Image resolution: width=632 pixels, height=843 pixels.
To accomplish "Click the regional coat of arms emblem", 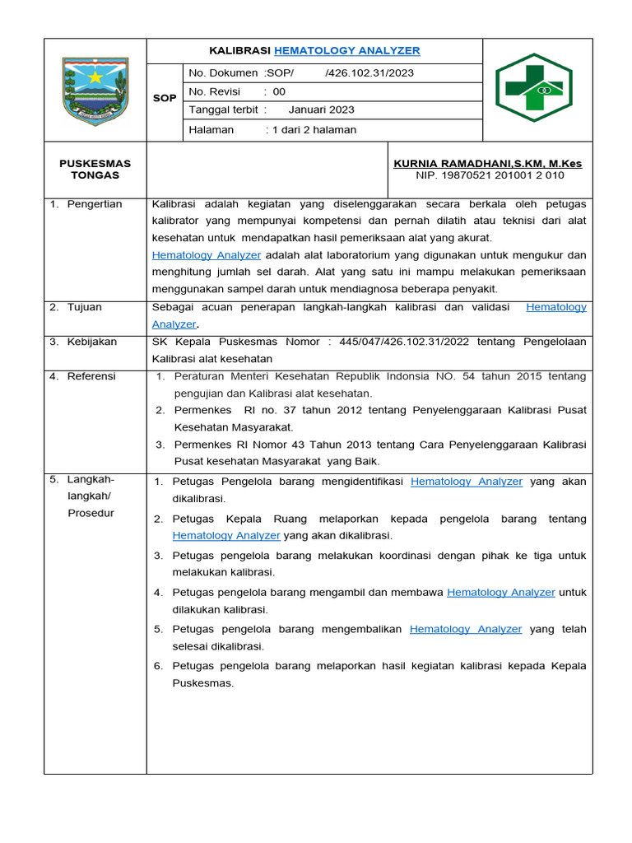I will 95,91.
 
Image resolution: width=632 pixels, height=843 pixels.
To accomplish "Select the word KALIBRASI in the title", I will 240,51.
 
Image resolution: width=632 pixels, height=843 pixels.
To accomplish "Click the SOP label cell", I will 165,98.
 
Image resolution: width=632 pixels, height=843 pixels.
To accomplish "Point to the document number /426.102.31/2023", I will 369,72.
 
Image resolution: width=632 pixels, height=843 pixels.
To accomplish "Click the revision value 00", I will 279,91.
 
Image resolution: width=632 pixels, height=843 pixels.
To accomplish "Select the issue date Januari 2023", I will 322,109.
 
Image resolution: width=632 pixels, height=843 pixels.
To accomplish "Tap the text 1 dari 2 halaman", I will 315,129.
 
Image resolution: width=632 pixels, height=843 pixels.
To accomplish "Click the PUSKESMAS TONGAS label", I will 95,170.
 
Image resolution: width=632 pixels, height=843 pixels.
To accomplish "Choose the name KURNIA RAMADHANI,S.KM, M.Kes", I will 488,164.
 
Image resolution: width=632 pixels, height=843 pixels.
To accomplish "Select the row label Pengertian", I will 95,204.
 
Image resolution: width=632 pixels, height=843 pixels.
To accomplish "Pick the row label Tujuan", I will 86,307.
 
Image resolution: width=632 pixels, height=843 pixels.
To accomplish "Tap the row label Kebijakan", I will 92,342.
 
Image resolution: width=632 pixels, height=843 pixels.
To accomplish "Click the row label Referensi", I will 91,376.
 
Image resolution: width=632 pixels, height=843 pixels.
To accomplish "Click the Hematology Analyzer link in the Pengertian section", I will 207,255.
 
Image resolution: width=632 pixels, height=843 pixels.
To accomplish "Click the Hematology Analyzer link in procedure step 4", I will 501,592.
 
